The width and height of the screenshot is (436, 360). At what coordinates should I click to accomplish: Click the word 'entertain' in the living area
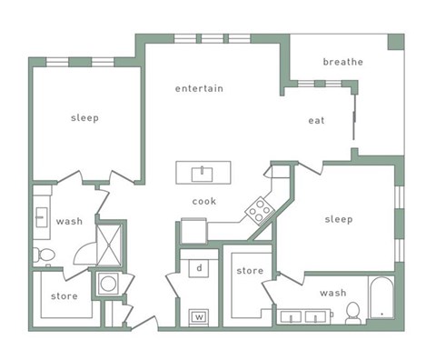click(x=199, y=88)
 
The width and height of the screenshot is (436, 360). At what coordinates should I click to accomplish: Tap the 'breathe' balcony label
click(x=342, y=62)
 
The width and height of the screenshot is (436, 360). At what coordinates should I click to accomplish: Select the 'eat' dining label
click(x=316, y=121)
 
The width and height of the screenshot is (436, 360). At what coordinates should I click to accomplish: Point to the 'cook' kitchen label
click(x=204, y=201)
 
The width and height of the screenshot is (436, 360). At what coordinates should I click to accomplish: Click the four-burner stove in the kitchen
click(x=260, y=211)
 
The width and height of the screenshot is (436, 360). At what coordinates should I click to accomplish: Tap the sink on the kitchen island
click(x=202, y=175)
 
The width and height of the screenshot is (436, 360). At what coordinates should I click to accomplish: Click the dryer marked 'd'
click(x=199, y=268)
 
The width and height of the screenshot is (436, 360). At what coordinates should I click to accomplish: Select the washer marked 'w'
click(x=199, y=317)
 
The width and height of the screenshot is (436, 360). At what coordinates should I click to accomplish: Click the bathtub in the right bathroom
click(x=381, y=297)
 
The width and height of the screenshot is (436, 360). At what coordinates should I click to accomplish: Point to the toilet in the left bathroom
click(x=45, y=255)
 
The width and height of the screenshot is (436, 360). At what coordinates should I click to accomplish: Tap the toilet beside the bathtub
click(x=352, y=313)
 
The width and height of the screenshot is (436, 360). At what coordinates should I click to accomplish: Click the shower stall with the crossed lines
click(x=109, y=245)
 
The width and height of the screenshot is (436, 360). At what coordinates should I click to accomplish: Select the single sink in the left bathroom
click(x=41, y=217)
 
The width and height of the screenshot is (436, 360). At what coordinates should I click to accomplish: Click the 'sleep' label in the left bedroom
click(x=84, y=118)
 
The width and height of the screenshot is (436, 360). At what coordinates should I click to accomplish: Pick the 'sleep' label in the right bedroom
click(x=339, y=219)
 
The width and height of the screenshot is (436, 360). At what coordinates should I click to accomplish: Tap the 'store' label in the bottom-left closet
click(x=64, y=296)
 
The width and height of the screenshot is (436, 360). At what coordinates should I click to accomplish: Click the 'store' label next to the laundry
click(x=250, y=271)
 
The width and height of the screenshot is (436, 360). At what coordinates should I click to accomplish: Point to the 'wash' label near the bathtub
click(x=333, y=293)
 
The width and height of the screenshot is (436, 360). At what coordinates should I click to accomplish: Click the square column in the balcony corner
click(x=396, y=42)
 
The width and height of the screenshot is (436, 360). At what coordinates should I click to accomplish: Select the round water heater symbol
click(x=108, y=284)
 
